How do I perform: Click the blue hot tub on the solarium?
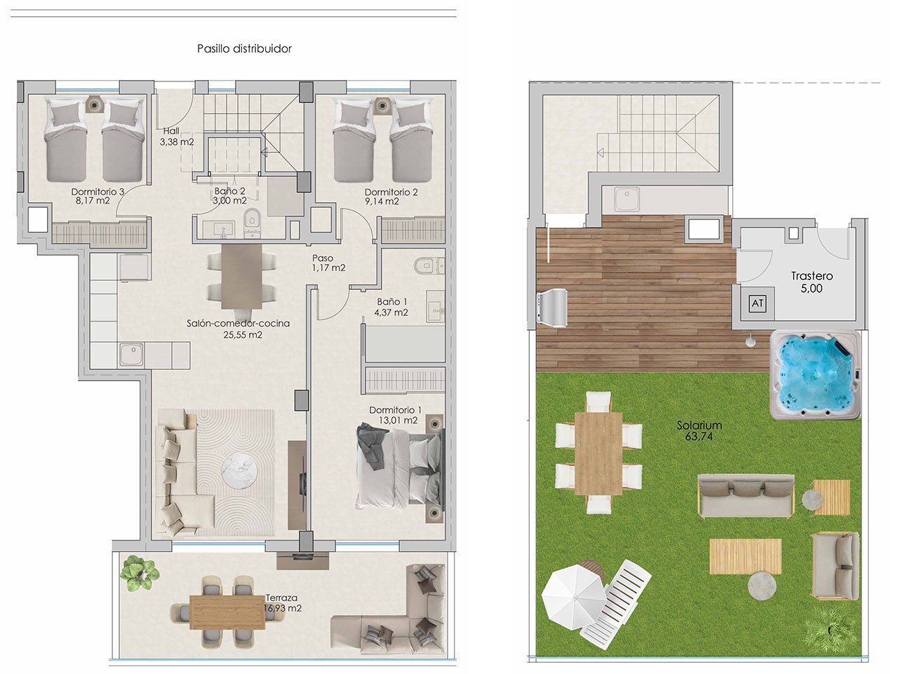815,375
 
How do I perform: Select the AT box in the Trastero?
757,303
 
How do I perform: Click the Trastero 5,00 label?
812,282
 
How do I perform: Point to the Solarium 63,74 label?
699,430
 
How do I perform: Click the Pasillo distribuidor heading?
244,48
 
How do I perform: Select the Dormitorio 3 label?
98,196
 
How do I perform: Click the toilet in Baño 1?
425,265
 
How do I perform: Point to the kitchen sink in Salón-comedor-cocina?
131,355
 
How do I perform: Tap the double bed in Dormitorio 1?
400,465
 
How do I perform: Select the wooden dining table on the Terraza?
227,612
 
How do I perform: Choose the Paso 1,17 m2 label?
328,263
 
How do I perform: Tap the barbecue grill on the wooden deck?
552,308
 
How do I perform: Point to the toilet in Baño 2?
253,221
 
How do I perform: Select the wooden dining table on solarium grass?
598,453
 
